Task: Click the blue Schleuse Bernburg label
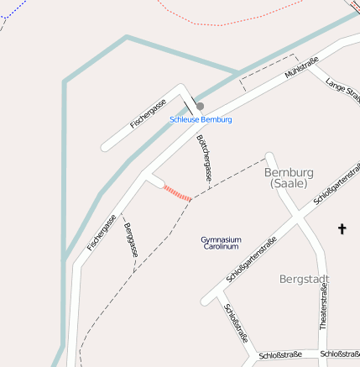click(201, 120)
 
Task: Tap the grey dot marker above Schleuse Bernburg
click(200, 106)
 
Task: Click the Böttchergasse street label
click(204, 158)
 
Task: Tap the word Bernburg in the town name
click(289, 172)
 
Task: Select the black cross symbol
click(342, 228)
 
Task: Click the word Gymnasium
click(221, 239)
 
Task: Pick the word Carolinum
click(221, 247)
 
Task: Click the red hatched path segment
click(177, 192)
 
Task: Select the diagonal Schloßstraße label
click(237, 324)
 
